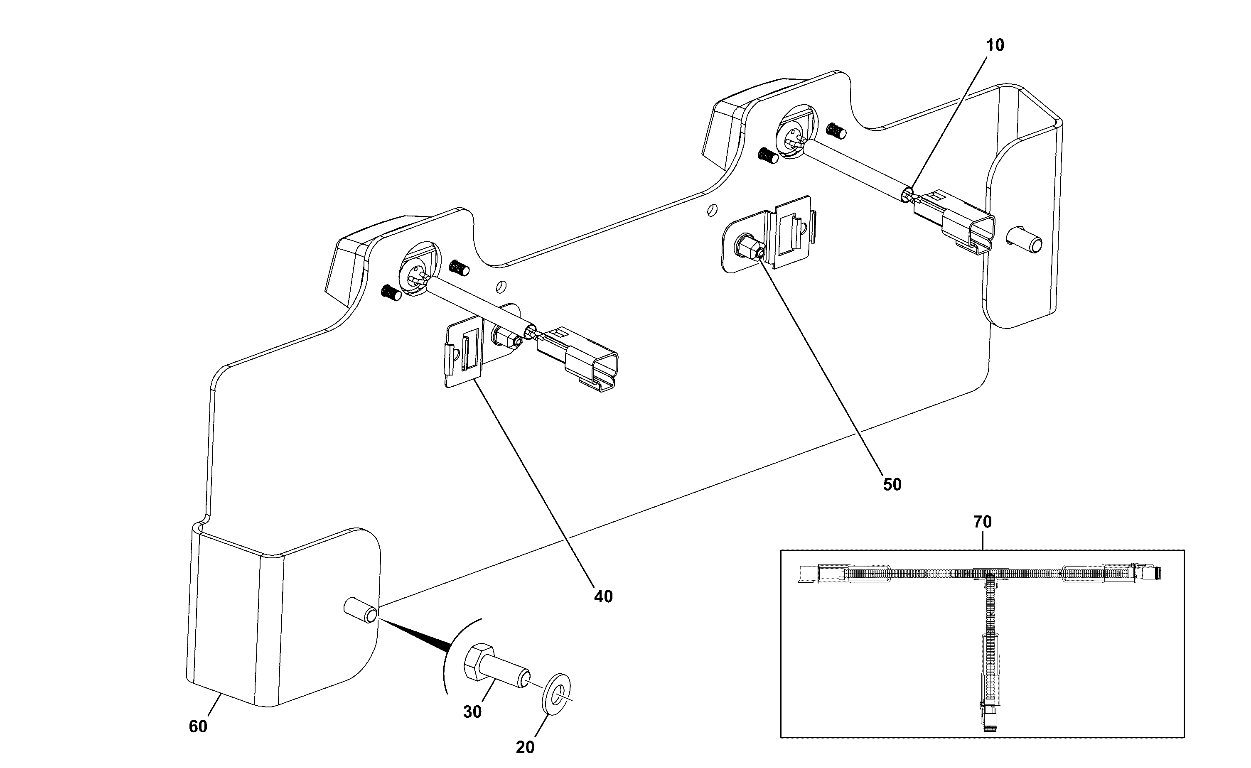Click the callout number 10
(x=995, y=45)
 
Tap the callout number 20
(x=525, y=747)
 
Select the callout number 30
(x=472, y=712)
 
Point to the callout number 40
(x=603, y=596)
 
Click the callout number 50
(x=892, y=485)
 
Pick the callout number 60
(x=198, y=727)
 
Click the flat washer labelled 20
(x=557, y=692)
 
